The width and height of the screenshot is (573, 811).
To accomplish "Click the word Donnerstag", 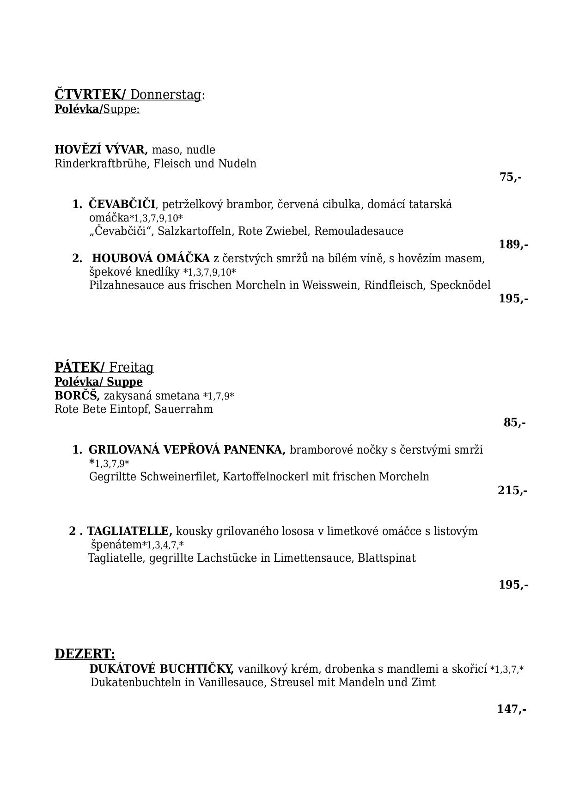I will click(166, 95).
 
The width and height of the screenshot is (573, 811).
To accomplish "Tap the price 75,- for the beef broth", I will click(511, 177).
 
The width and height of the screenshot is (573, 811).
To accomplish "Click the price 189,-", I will click(513, 245).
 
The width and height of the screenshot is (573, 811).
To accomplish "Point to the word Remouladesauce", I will click(359, 231).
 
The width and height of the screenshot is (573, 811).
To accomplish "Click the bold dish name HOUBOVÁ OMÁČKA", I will click(151, 258).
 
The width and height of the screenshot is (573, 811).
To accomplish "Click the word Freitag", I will click(131, 368).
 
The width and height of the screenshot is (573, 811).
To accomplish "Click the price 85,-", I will click(514, 423).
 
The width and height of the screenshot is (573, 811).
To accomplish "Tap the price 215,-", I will click(512, 490).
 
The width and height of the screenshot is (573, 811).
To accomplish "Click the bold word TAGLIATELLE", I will click(129, 531).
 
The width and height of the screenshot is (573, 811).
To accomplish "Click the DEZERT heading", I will click(85, 654).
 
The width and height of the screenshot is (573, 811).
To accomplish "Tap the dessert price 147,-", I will click(512, 709).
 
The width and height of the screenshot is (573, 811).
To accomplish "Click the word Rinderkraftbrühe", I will click(99, 164).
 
